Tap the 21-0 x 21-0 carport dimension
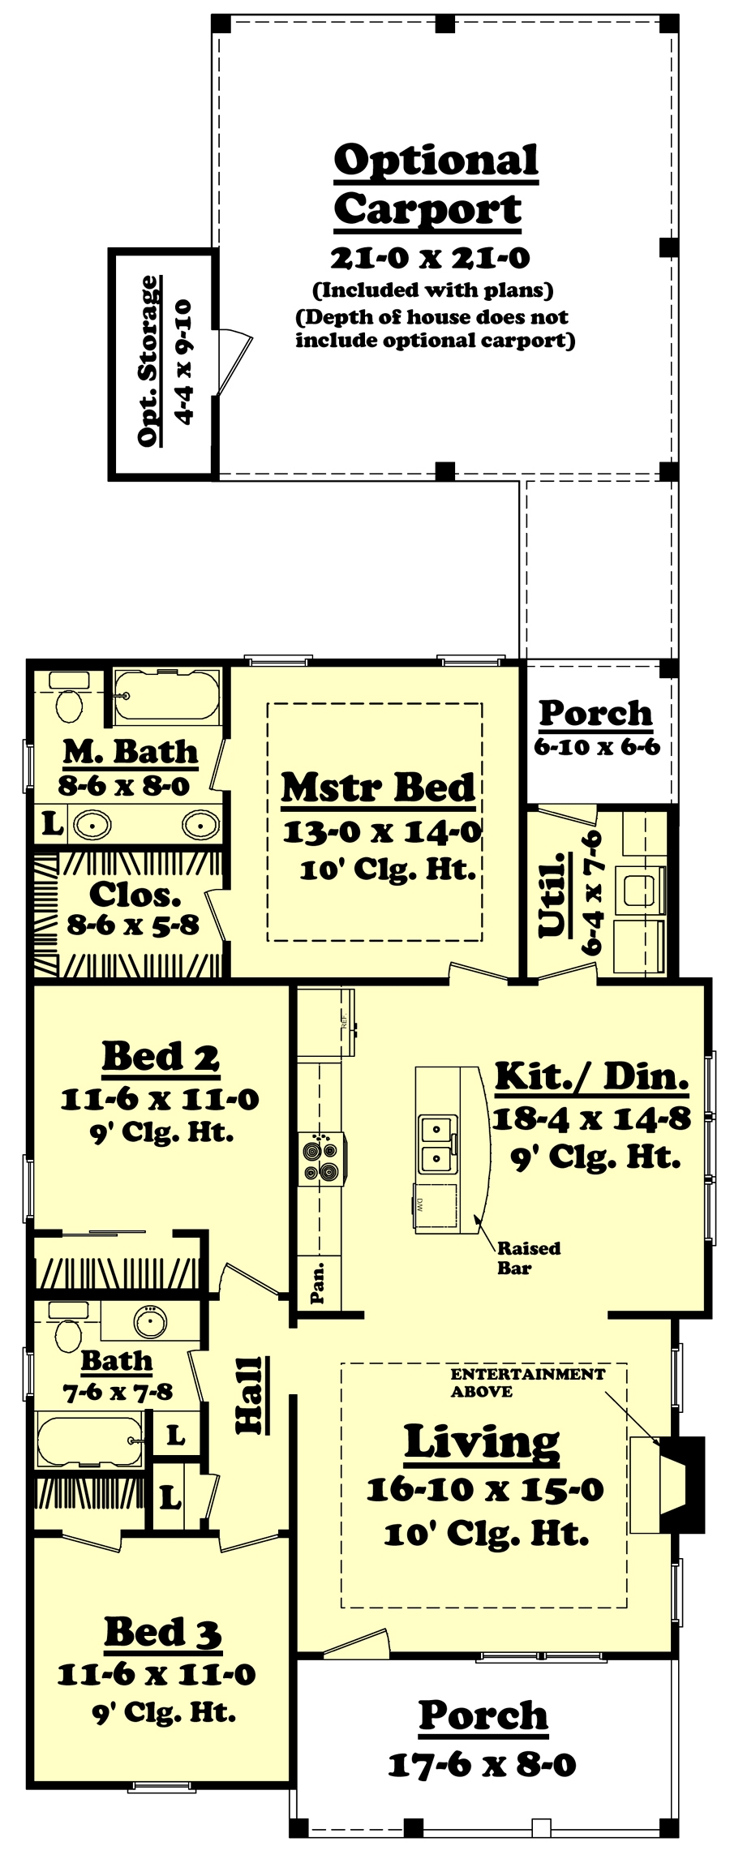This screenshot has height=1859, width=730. pyautogui.click(x=430, y=259)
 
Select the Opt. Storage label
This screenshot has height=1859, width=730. pyautogui.click(x=148, y=360)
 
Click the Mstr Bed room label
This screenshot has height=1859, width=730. pyautogui.click(x=378, y=788)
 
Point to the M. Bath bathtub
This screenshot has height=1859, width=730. pyautogui.click(x=166, y=696)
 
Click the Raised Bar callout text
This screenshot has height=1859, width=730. pyautogui.click(x=528, y=1257)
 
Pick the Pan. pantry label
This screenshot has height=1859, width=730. pyautogui.click(x=319, y=1282)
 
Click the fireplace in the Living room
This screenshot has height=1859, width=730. pyautogui.click(x=680, y=1484)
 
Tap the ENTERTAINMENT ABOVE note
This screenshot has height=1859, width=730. pyautogui.click(x=527, y=1382)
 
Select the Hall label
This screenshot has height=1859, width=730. pyautogui.click(x=249, y=1394)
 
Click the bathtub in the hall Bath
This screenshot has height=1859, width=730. pyautogui.click(x=89, y=1440)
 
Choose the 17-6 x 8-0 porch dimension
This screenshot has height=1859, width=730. pyautogui.click(x=482, y=1764)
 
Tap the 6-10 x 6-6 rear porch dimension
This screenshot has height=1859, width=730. pyautogui.click(x=596, y=747)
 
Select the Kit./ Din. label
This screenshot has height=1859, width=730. pyautogui.click(x=592, y=1076)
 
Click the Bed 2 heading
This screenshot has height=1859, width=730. pyautogui.click(x=161, y=1056)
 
